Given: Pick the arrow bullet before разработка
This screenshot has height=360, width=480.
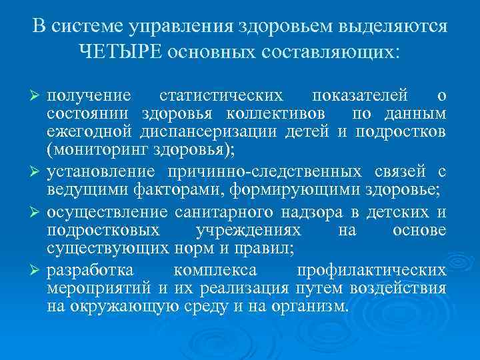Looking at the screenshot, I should click(x=37, y=271).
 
